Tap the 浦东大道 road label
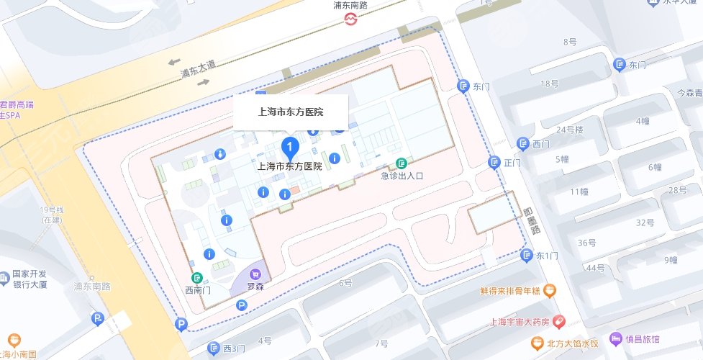[198, 69]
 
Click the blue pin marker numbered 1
[290, 149]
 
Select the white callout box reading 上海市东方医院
[291, 112]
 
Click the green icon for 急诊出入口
[401, 163]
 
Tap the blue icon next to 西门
[524, 143]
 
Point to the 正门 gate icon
[494, 163]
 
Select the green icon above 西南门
[196, 278]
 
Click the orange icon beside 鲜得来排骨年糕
[550, 291]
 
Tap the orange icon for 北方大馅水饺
[536, 341]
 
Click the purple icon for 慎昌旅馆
[615, 338]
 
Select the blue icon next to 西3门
[213, 348]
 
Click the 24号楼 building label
[569, 130]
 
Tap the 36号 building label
[587, 243]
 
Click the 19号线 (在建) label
[52, 214]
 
